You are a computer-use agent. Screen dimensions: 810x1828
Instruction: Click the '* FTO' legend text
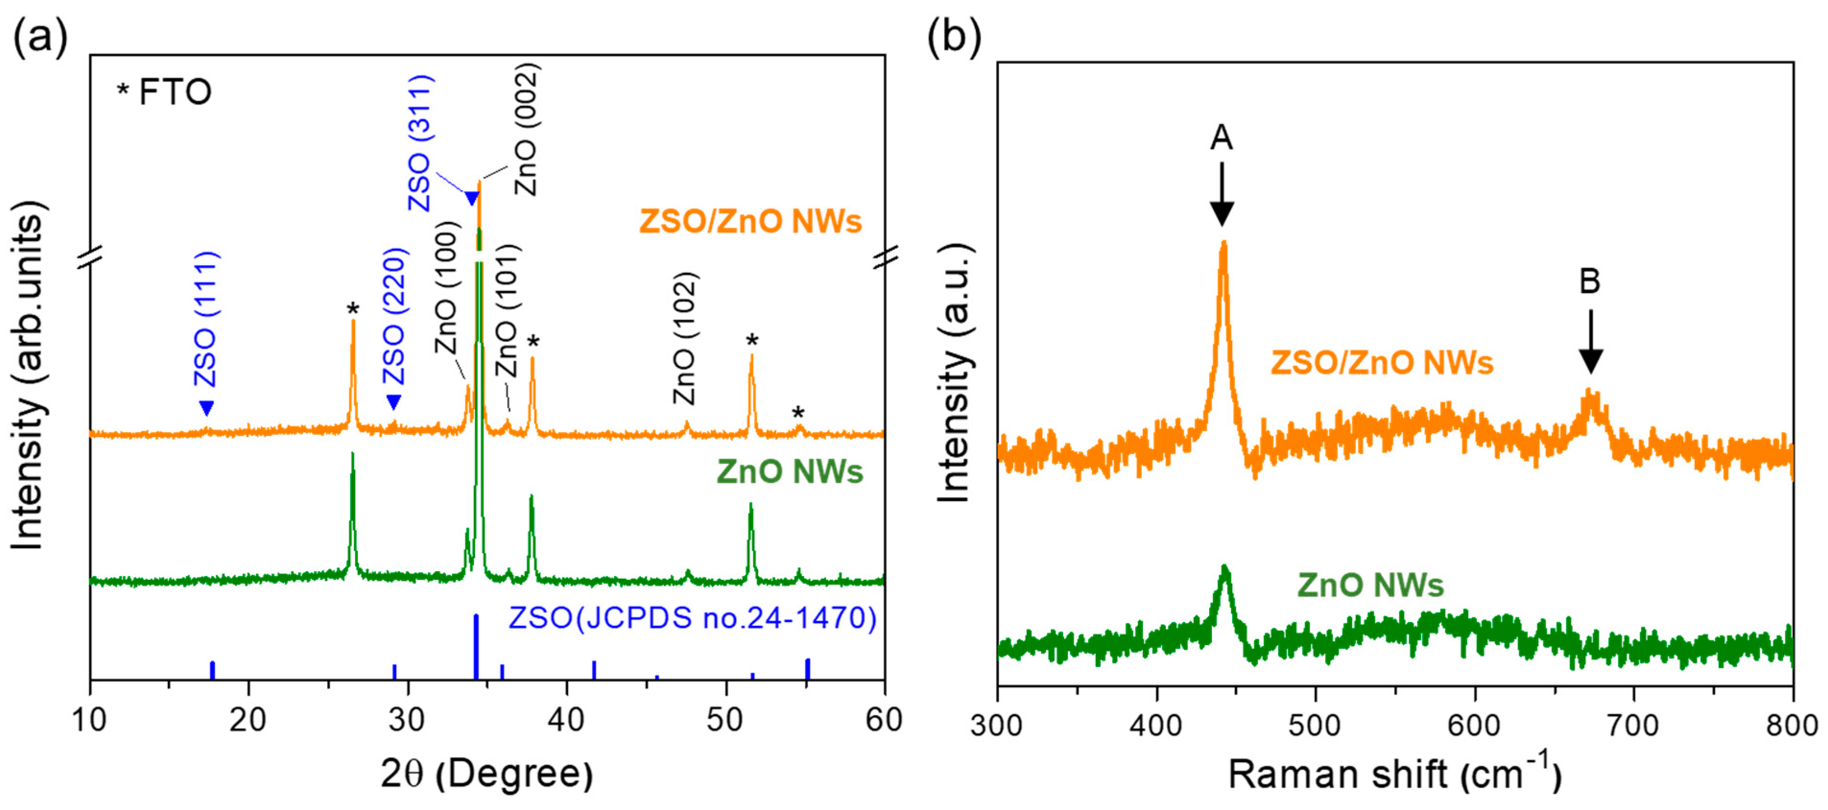(x=165, y=92)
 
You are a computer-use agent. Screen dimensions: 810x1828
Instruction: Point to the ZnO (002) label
(x=526, y=130)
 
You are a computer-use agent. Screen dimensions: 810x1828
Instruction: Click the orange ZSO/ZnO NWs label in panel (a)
(x=750, y=221)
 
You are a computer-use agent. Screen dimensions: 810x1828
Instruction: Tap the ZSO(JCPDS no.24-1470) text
(x=692, y=618)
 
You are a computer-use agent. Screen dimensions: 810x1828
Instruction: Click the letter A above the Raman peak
(x=1221, y=137)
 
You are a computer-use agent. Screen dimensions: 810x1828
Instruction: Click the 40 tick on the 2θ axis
(x=566, y=720)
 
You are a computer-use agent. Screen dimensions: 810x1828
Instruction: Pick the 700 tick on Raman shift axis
(x=1634, y=725)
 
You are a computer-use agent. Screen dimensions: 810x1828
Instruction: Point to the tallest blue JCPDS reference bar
(x=476, y=646)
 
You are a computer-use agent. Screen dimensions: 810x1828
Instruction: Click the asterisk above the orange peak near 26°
(x=353, y=309)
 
